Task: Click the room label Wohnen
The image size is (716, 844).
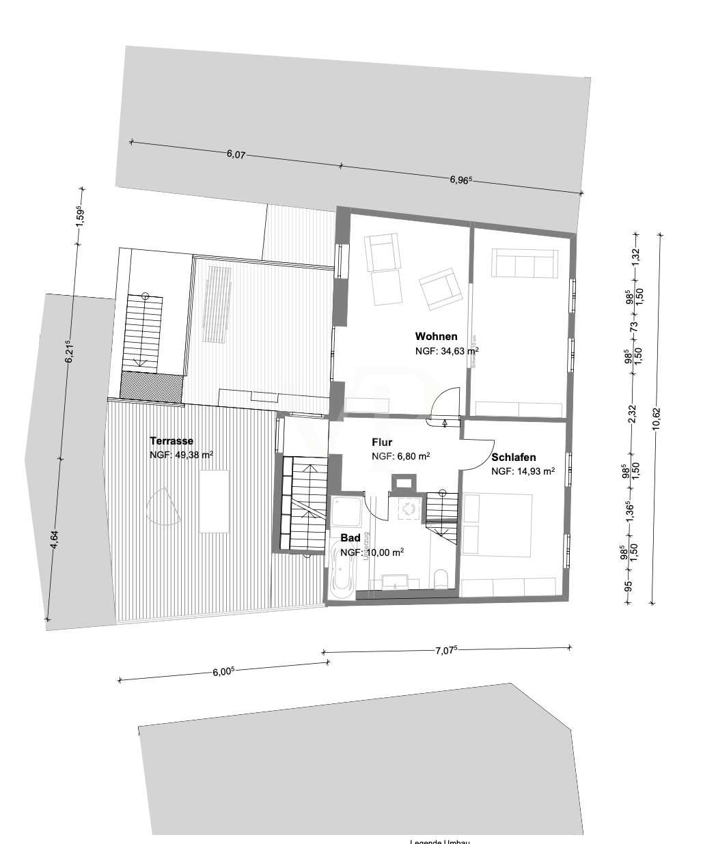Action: pos(436,336)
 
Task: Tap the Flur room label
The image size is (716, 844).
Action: pos(382,442)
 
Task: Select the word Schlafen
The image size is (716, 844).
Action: pos(513,458)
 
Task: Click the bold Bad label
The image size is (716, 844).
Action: pos(350,538)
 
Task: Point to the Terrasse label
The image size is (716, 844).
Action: pos(171,441)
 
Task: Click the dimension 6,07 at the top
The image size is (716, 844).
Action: pos(236,155)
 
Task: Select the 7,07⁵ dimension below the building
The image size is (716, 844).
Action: pos(445,651)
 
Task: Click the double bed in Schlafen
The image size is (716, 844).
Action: pos(497,524)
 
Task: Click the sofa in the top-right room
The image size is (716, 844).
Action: pos(523,263)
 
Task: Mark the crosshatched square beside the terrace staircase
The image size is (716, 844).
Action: pos(151,386)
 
